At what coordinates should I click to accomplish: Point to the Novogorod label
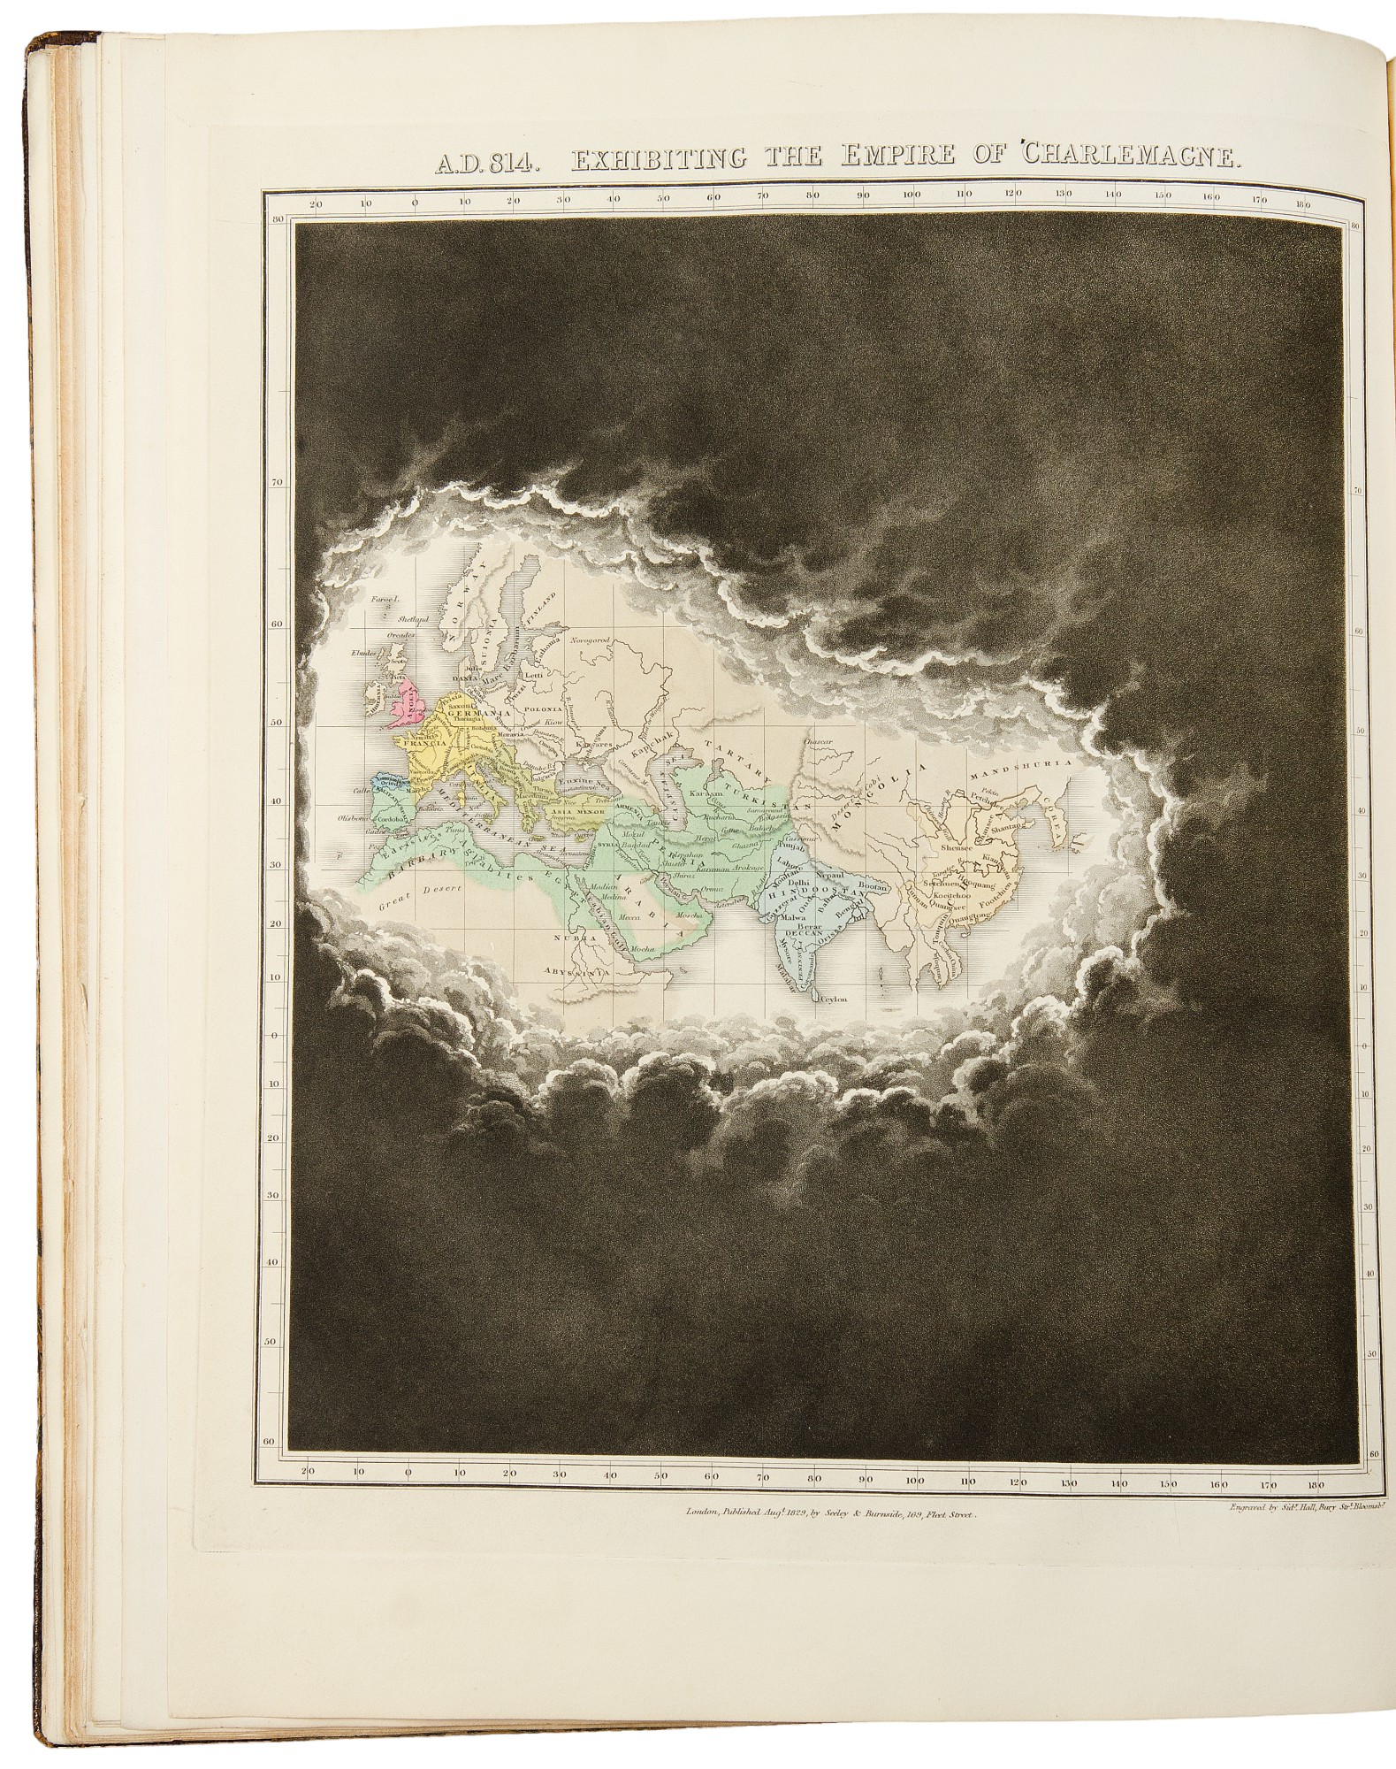(590, 638)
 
